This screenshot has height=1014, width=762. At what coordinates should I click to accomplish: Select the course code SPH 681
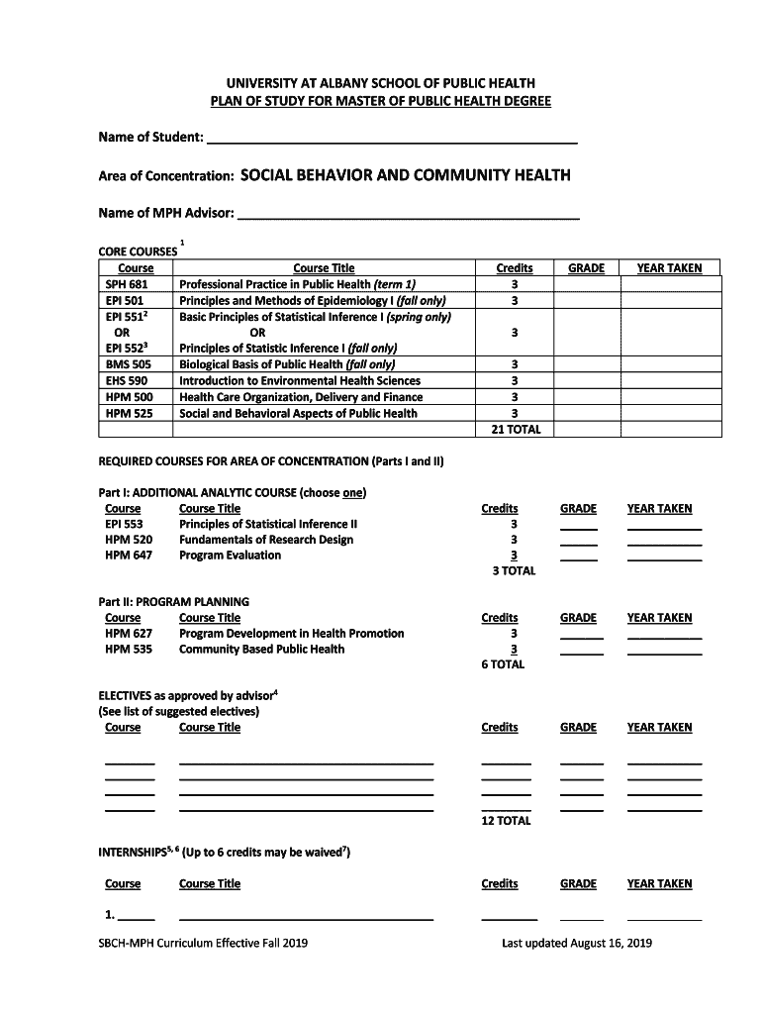coord(127,285)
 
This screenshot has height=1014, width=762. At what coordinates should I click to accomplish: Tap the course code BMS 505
coord(127,364)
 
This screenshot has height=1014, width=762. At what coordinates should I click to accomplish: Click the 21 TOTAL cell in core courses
coord(515,429)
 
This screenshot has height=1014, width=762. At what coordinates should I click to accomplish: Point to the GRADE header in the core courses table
coord(586,268)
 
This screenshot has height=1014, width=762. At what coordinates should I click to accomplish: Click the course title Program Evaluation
coord(230,556)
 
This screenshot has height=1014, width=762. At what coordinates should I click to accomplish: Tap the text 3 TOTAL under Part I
coord(514,571)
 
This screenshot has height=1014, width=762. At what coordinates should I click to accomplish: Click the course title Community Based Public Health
coord(261,650)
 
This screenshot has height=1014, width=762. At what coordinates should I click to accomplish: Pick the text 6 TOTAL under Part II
coord(503,665)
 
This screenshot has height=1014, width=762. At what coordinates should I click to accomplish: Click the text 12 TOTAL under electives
coord(506,821)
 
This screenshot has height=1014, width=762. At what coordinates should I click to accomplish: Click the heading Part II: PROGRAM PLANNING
coord(173,602)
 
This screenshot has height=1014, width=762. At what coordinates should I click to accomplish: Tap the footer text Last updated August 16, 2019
coord(576,944)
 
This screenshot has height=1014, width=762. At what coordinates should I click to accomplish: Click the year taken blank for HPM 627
coord(664,638)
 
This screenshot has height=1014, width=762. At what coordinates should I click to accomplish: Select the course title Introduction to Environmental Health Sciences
coord(299,381)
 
